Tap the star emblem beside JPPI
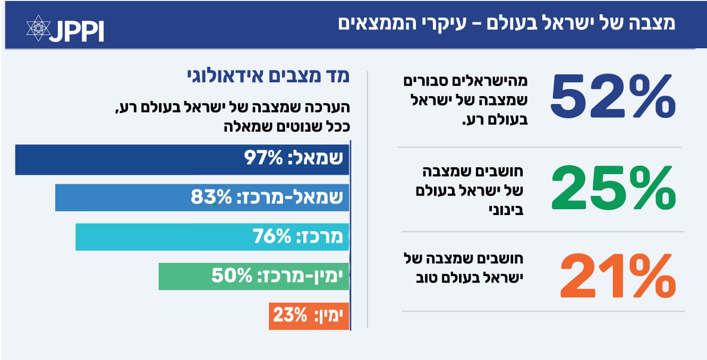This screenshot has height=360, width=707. coord(38,28)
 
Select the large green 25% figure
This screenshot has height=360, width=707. coord(613,188)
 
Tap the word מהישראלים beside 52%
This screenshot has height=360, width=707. coord(495,81)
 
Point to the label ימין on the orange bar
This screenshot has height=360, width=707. coord(330,316)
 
